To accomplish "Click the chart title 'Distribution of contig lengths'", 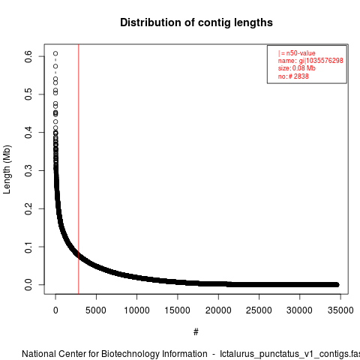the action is tap(196, 22).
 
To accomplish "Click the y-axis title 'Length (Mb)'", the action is tap(7, 169).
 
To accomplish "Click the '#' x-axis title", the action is tap(196, 332).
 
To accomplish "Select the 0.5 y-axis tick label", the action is tap(28, 94).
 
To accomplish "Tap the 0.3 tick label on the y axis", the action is tap(28, 170).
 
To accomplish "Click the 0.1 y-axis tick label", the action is tap(28, 247).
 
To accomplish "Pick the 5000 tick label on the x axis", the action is tap(96, 310).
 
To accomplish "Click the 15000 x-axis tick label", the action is tap(178, 310).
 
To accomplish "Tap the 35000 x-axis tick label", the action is tap(340, 310).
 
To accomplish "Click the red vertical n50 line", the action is tap(79, 169).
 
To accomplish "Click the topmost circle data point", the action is tap(55, 53).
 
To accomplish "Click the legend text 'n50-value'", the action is tap(301, 53).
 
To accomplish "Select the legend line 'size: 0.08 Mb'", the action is tap(297, 68).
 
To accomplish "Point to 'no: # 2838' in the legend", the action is tap(293, 76).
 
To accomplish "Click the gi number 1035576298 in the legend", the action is tap(325, 61).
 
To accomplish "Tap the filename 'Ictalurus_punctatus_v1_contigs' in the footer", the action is tap(286, 355).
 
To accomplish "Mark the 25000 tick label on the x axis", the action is tap(259, 310).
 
